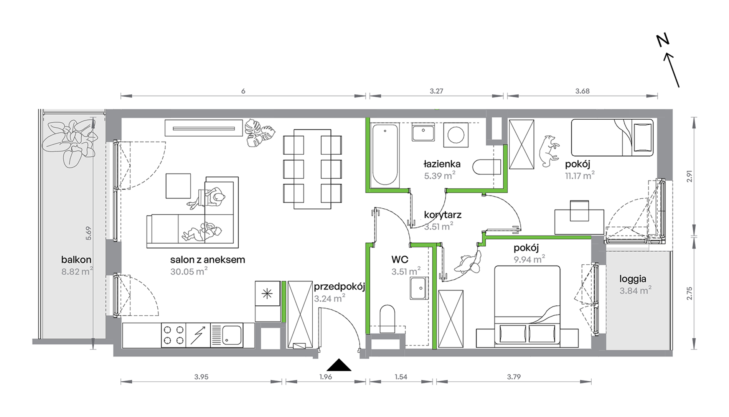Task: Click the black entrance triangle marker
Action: (339, 366)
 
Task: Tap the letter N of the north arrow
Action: (663, 40)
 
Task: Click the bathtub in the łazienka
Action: (385, 154)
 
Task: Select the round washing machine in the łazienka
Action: (456, 135)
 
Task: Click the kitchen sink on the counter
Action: (227, 335)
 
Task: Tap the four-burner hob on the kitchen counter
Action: (173, 335)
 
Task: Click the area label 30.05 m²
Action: (189, 271)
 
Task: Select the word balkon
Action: (76, 260)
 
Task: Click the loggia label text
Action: (633, 279)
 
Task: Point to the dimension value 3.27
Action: (437, 91)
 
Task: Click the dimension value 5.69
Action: (89, 233)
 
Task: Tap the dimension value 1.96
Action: (326, 377)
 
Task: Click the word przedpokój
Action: (339, 287)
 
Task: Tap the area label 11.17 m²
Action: (580, 176)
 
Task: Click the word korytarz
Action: (443, 215)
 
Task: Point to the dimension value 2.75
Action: (689, 293)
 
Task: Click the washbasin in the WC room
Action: (419, 288)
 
